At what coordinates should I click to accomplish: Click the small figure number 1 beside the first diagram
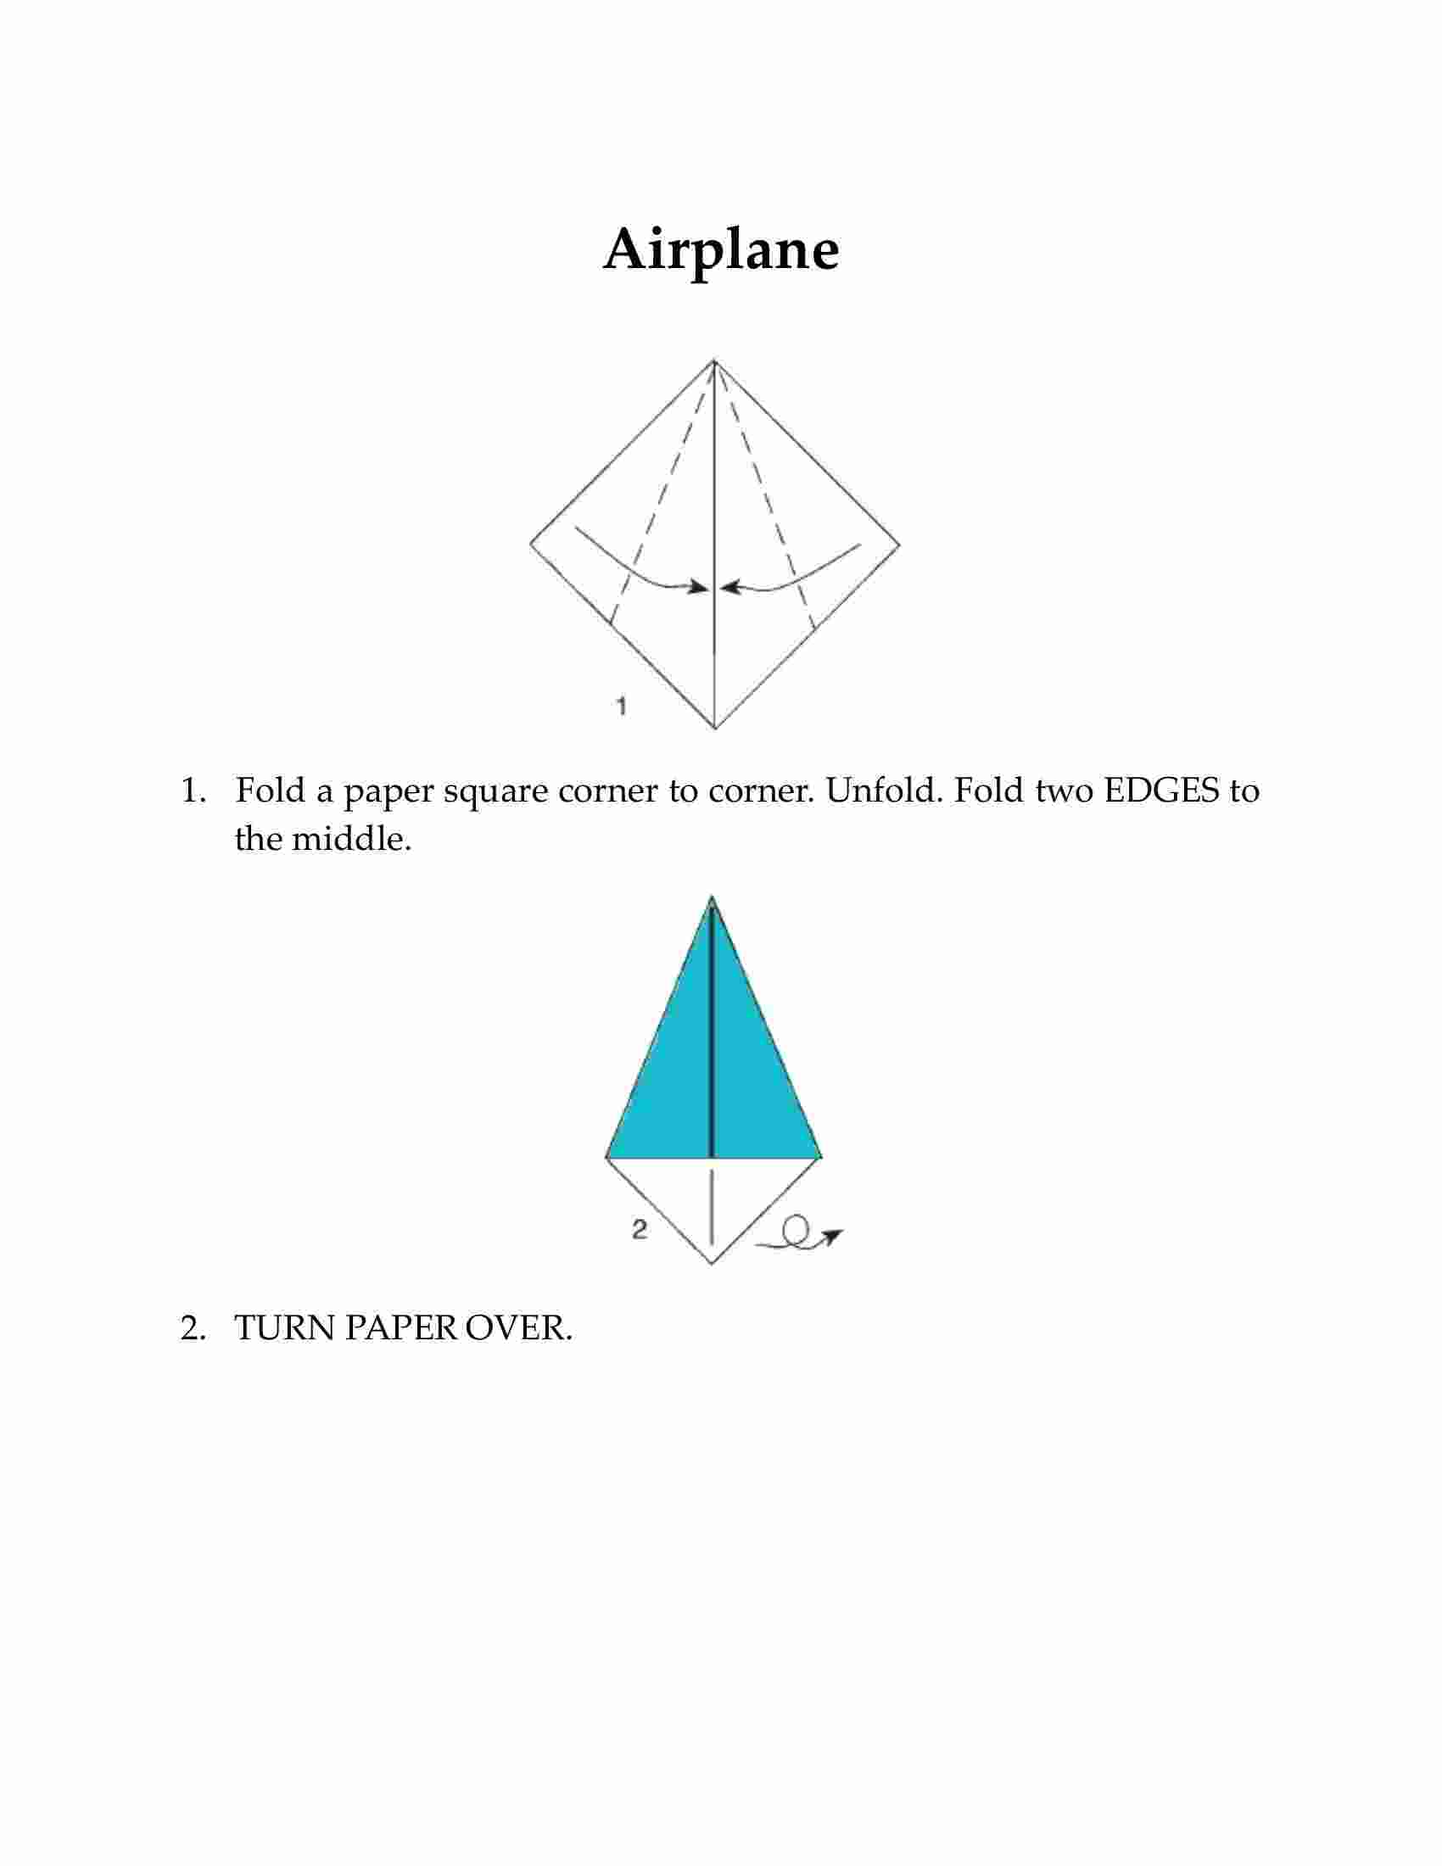point(622,706)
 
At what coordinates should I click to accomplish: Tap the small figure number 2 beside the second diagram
point(639,1230)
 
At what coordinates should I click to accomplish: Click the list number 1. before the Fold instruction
point(193,791)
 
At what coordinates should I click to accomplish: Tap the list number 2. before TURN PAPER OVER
point(193,1327)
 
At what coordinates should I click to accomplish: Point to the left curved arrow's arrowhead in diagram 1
point(699,587)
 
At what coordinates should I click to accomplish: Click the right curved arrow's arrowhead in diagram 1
point(731,587)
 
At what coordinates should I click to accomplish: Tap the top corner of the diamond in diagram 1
point(714,360)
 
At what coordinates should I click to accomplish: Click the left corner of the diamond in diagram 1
point(529,543)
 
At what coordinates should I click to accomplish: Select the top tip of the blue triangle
point(712,897)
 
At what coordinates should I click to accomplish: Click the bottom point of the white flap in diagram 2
point(712,1264)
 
